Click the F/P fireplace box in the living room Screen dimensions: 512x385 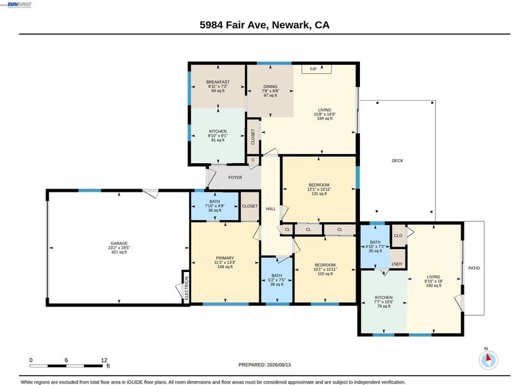tap(316, 69)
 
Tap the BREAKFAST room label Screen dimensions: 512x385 tap(218, 82)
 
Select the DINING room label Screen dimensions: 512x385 tap(270, 87)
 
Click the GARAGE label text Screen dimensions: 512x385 tap(119, 243)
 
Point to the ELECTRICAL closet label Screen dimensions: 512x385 tap(187, 287)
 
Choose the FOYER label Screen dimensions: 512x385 tap(235, 177)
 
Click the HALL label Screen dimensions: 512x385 tap(271, 209)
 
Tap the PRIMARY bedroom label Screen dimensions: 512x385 tap(225, 258)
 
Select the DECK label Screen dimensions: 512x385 tap(397, 160)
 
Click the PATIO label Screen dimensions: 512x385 tap(474, 268)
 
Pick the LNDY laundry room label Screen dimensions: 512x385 tap(397, 264)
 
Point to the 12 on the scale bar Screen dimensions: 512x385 tap(104, 360)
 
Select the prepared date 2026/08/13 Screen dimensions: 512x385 tap(278, 364)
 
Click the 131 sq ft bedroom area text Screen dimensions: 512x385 tap(319, 194)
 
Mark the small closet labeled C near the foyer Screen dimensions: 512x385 tap(253, 160)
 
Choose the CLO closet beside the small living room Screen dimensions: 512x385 tap(398, 235)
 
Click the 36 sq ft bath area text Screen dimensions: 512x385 tap(214, 210)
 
